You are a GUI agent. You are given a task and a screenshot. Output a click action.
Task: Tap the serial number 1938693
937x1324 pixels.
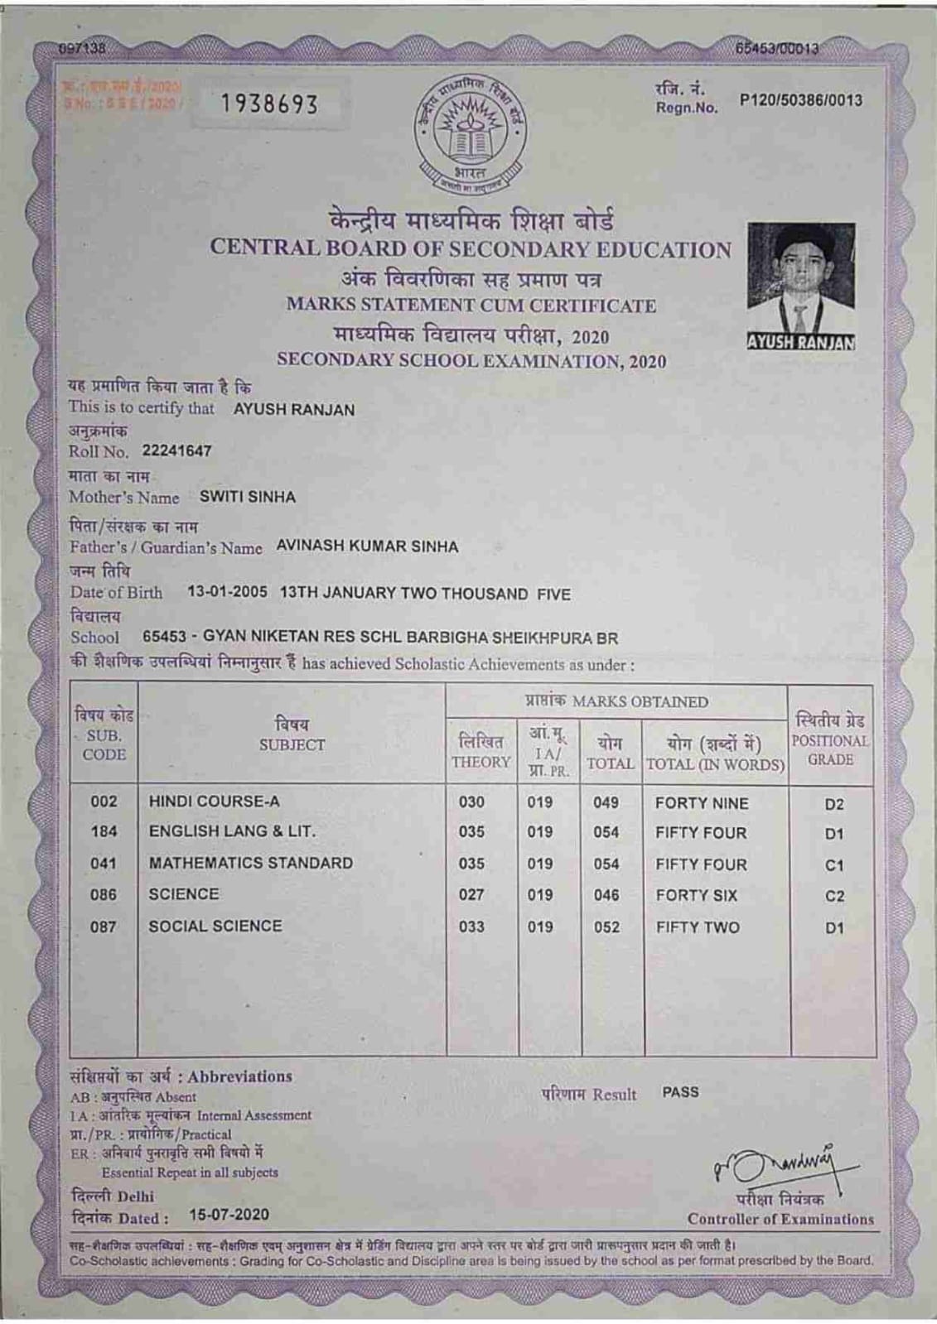click(x=270, y=104)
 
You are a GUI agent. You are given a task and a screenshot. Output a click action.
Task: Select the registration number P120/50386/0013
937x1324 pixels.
click(x=800, y=101)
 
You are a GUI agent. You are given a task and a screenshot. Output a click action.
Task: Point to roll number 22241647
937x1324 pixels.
click(x=176, y=451)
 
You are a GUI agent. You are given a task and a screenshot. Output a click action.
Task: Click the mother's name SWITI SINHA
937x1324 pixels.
click(x=248, y=498)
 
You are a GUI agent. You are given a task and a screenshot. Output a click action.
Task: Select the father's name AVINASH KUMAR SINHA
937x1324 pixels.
click(x=367, y=546)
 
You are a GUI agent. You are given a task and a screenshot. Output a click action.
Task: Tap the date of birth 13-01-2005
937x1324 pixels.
click(x=227, y=593)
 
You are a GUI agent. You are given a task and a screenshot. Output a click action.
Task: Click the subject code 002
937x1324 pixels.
click(x=104, y=802)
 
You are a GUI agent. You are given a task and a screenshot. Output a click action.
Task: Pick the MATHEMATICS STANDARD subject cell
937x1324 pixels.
click(x=251, y=863)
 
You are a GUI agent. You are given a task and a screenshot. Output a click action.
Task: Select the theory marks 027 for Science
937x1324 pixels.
click(x=471, y=895)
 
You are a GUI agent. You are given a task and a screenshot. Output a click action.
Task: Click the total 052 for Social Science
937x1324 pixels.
click(x=606, y=927)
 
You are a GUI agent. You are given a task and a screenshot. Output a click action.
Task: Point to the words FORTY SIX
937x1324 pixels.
click(x=696, y=896)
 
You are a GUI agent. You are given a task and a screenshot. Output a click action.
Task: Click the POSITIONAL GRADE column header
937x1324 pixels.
click(x=830, y=741)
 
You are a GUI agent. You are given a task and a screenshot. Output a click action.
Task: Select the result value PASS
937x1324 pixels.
click(x=680, y=1092)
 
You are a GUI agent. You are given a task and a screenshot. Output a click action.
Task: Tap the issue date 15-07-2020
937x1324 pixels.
click(x=229, y=1215)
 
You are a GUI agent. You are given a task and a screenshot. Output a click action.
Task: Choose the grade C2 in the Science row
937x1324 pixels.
click(x=834, y=897)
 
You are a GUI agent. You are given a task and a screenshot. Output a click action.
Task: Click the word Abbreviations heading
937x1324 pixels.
click(x=239, y=1076)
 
